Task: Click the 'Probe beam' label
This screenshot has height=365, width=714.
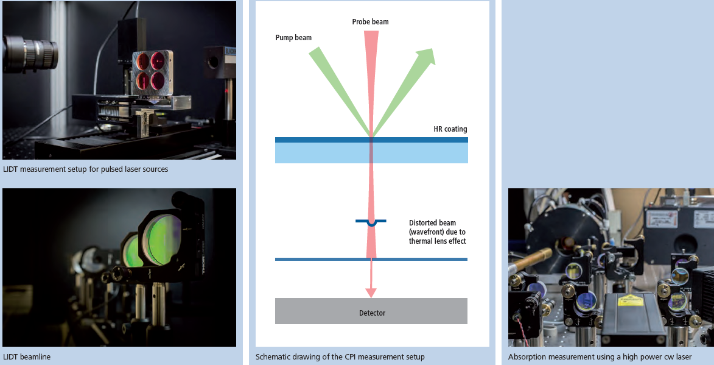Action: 370,21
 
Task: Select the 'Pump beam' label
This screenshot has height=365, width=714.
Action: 293,37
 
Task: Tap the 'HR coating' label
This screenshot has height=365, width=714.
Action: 450,129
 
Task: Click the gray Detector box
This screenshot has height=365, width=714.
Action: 371,311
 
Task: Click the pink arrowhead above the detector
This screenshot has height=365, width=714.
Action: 371,292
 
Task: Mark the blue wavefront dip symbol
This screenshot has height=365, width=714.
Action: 371,222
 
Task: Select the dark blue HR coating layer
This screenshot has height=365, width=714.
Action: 371,140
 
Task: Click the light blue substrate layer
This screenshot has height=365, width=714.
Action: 371,153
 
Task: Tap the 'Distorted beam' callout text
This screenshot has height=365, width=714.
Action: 437,232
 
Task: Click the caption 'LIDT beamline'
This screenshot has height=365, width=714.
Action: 27,357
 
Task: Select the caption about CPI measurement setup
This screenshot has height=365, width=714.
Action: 340,357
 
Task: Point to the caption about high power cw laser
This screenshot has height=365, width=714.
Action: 600,357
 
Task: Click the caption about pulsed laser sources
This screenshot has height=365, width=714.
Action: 85,169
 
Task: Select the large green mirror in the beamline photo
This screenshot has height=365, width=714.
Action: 164,241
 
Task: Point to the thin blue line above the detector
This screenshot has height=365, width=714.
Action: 371,260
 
